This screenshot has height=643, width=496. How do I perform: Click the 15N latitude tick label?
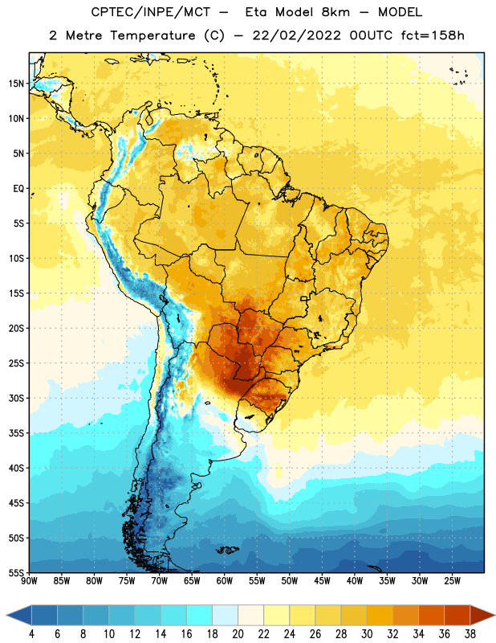pos(16,84)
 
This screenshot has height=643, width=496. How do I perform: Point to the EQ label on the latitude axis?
pos(18,189)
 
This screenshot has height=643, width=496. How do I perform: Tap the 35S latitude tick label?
pos(16,433)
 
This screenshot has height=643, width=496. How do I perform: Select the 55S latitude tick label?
pos(16,572)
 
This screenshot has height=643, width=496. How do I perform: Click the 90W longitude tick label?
pos(29,581)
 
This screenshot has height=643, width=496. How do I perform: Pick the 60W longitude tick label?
pos(225,581)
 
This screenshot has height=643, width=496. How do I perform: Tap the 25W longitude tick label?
pos(452,581)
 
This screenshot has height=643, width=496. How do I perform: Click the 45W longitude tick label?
pos(322,581)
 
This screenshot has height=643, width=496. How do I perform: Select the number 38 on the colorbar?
pos(470,634)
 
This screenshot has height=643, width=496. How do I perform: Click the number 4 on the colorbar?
pos(31,634)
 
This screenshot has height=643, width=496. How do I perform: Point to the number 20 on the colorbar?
pos(238,634)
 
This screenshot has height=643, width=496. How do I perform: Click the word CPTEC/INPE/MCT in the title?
pos(151,12)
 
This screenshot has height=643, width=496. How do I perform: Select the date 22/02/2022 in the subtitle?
pos(296,35)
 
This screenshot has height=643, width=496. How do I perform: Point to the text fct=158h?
pos(433,35)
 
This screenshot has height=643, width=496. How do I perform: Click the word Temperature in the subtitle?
pos(152,35)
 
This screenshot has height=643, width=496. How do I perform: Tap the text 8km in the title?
pos(335,12)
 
